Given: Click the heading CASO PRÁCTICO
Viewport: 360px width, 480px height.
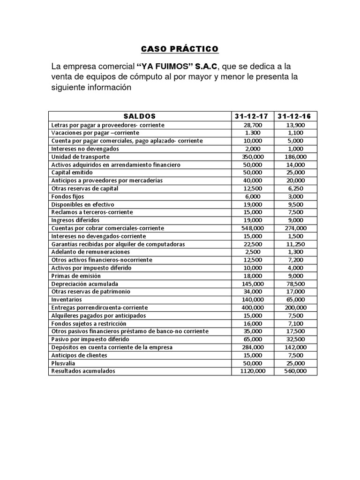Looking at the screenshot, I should tap(180, 49).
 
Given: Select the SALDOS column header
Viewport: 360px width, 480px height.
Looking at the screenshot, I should tap(140, 116).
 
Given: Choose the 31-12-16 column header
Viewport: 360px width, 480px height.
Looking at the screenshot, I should tap(297, 116).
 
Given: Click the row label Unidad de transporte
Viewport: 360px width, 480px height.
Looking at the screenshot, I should tap(81, 157).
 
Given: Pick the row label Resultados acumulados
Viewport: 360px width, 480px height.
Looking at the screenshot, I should tap(83, 371).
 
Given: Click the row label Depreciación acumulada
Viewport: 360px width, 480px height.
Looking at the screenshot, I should tap(84, 284).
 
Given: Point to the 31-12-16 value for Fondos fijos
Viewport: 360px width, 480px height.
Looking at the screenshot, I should tap(297, 196).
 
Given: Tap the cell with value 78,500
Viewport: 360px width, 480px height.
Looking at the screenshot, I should tap(297, 284).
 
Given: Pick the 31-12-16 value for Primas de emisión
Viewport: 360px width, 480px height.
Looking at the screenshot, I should tap(297, 276).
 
